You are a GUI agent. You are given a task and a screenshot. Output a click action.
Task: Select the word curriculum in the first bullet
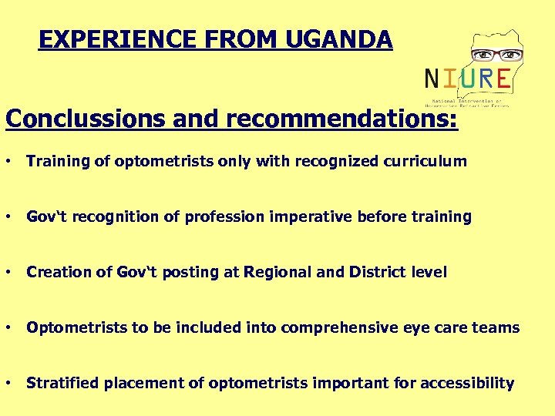pyautogui.click(x=425, y=161)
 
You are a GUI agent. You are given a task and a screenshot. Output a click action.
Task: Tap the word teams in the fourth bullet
pyautogui.click(x=497, y=328)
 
